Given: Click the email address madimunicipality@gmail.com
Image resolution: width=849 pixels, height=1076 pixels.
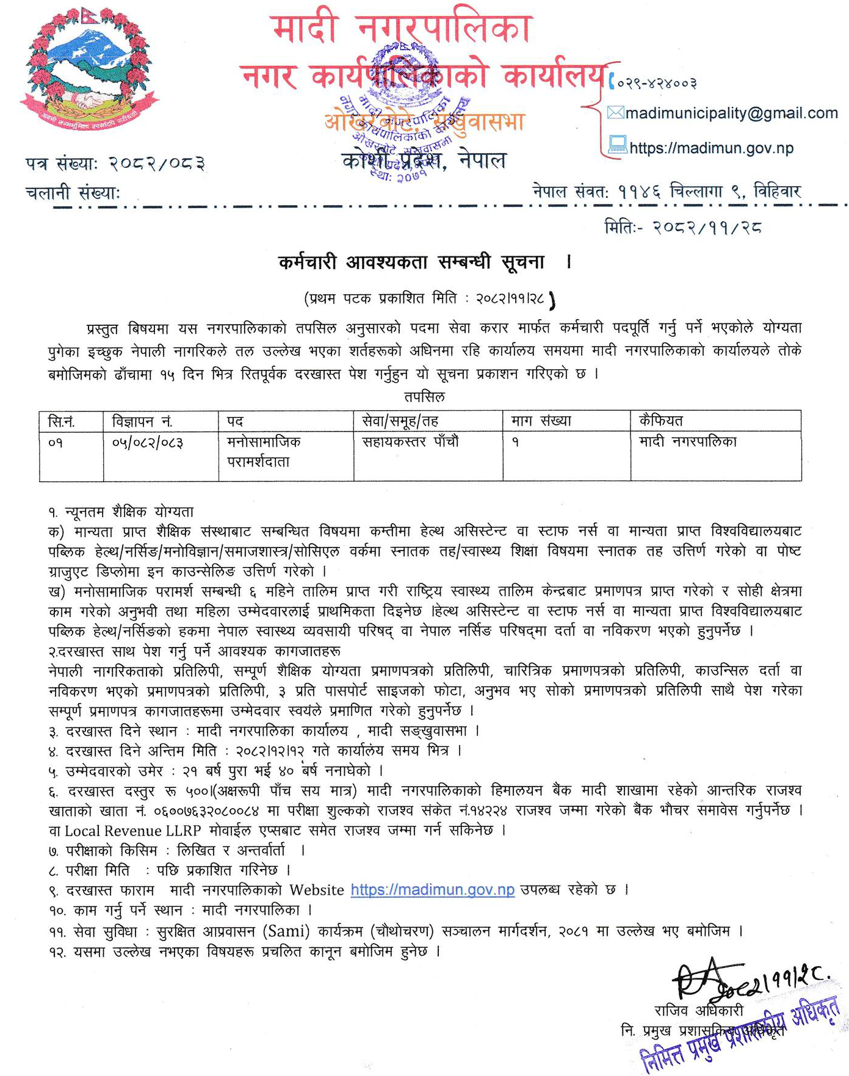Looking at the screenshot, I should point(731,114).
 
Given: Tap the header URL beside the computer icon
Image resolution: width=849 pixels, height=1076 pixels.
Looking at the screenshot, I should point(711,148).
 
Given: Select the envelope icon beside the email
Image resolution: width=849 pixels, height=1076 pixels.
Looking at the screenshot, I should point(615,113).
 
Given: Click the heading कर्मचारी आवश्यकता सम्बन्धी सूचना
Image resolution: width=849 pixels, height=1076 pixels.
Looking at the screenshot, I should point(411,262).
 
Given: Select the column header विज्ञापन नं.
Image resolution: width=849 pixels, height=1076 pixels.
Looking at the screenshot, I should point(142,421).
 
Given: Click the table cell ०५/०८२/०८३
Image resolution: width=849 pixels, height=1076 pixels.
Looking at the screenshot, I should point(148,442).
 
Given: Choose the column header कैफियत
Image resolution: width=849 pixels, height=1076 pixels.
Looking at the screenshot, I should point(661,421).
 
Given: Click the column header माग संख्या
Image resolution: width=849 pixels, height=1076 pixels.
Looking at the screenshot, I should point(541,421).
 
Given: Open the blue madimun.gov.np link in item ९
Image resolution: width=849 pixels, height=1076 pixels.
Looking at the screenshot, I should point(433,890).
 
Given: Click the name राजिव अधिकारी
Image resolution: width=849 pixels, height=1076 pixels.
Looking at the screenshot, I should point(698,1011).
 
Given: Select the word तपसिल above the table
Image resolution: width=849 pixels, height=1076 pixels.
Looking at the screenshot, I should point(424,397).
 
